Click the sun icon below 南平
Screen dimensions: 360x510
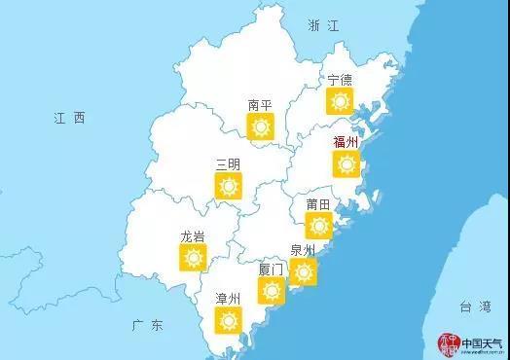click(260, 126)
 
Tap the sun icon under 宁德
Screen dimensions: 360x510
click(340, 100)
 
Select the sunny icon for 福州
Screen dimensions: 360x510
click(346, 164)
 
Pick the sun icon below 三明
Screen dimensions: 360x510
click(229, 186)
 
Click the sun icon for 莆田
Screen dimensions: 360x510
click(318, 226)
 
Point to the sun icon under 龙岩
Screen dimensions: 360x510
click(193, 258)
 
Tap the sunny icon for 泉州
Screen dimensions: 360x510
click(304, 271)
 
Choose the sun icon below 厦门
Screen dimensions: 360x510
click(271, 290)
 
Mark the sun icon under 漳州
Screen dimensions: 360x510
click(228, 320)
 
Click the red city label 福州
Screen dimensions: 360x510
click(346, 142)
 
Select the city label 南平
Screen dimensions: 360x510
click(260, 104)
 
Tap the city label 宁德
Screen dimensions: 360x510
click(340, 79)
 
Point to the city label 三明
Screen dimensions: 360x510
click(228, 163)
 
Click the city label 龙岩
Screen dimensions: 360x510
click(193, 236)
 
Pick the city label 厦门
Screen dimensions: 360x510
click(271, 268)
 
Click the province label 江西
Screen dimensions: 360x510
click(70, 118)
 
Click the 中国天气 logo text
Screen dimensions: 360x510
click(481, 343)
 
